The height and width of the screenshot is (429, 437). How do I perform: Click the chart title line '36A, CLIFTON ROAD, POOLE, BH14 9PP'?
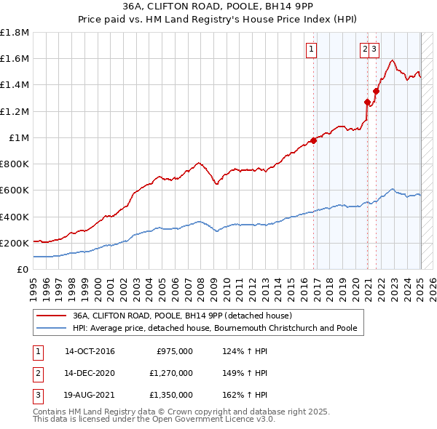[x=218, y=7]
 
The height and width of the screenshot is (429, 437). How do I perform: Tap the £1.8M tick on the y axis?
[x=15, y=33]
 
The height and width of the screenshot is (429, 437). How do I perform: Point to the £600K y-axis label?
[x=15, y=191]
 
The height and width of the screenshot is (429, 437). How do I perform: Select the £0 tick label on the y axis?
[x=23, y=270]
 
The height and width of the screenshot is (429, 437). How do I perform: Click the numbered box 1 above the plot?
[x=311, y=49]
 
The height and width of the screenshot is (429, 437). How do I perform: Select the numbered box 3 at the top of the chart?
[x=374, y=49]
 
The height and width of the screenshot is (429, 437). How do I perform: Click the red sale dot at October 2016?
[x=314, y=141]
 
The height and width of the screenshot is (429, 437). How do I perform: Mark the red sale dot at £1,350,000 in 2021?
[x=376, y=92]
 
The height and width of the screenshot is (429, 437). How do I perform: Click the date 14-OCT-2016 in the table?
[x=90, y=351]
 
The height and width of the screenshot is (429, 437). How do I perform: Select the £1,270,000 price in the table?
[x=174, y=373]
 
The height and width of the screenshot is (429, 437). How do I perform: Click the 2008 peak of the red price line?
[x=198, y=163]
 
